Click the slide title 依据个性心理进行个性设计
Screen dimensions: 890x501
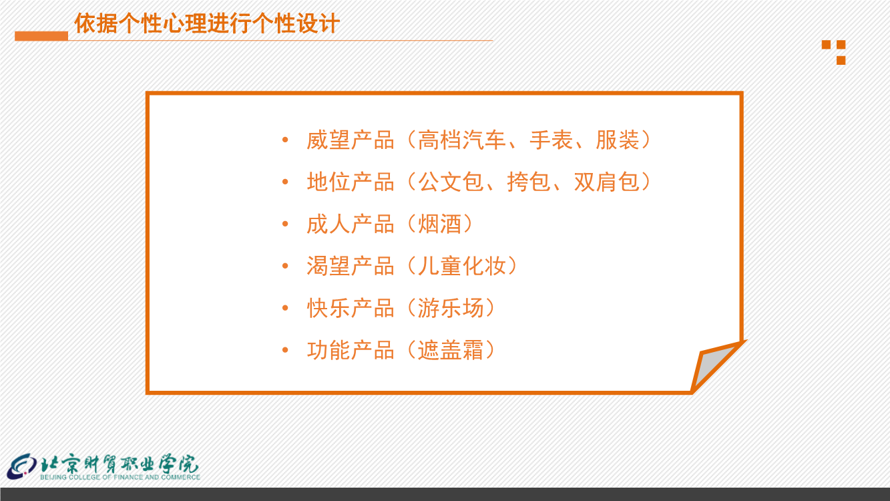tap(207, 23)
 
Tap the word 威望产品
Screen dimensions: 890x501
tap(351, 140)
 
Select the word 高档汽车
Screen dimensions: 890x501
tap(461, 140)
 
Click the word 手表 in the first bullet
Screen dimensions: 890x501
tap(551, 140)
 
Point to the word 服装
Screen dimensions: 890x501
tap(618, 140)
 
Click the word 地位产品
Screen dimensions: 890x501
tap(351, 182)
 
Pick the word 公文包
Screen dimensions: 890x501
tap(451, 182)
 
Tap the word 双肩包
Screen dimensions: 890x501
tap(606, 182)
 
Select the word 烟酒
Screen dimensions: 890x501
tap(439, 224)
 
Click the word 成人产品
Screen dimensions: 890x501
tap(351, 224)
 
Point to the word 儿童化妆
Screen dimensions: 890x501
tap(461, 266)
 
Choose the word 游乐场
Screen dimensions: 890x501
tap(451, 308)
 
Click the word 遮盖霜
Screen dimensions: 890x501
tap(451, 350)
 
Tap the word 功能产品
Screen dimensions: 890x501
tap(351, 350)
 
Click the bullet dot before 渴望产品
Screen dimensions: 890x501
tap(285, 266)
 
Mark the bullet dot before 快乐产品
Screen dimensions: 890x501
tap(285, 308)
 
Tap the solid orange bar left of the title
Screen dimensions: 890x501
tap(41, 36)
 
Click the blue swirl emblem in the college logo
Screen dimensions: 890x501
tap(22, 466)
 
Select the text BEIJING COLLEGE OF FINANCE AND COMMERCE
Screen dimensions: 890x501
tap(120, 477)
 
